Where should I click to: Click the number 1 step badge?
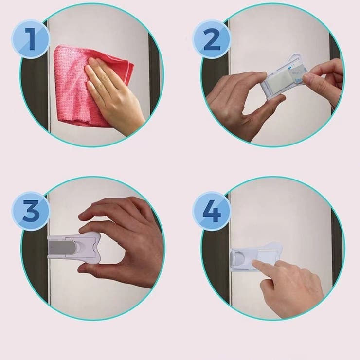tap(30, 39)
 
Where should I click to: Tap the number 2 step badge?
tap(212, 39)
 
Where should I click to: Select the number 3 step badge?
tap(30, 211)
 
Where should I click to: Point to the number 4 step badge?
tap(212, 211)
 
